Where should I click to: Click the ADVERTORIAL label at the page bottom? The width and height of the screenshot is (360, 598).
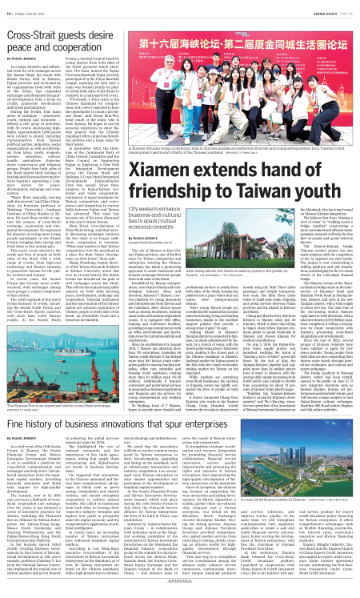179,592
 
